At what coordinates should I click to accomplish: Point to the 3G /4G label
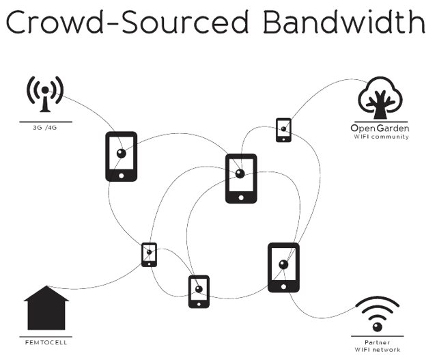(x=46, y=128)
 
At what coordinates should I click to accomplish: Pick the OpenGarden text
(x=379, y=128)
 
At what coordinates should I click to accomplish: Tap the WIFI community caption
(x=380, y=137)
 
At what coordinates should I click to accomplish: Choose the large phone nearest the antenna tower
(x=121, y=156)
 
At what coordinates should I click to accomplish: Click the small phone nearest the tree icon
(x=283, y=130)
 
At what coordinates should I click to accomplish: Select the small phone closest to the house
(x=149, y=255)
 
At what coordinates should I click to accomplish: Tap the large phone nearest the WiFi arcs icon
(x=283, y=267)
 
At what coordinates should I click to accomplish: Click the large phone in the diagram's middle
(x=240, y=178)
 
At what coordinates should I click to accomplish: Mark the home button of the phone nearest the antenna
(x=121, y=176)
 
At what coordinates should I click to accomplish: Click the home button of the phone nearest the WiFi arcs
(x=283, y=286)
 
